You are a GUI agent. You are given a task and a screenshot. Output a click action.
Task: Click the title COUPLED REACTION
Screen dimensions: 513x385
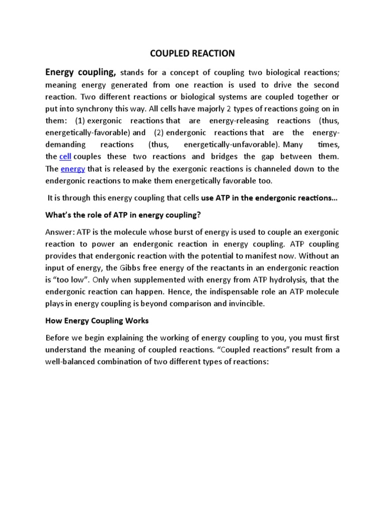click(192, 53)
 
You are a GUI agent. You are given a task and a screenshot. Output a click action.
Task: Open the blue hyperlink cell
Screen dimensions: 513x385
click(66, 157)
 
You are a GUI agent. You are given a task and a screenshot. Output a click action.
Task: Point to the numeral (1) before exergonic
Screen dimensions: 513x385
click(81, 121)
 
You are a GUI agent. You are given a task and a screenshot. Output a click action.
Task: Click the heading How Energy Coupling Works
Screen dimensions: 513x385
click(97, 321)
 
